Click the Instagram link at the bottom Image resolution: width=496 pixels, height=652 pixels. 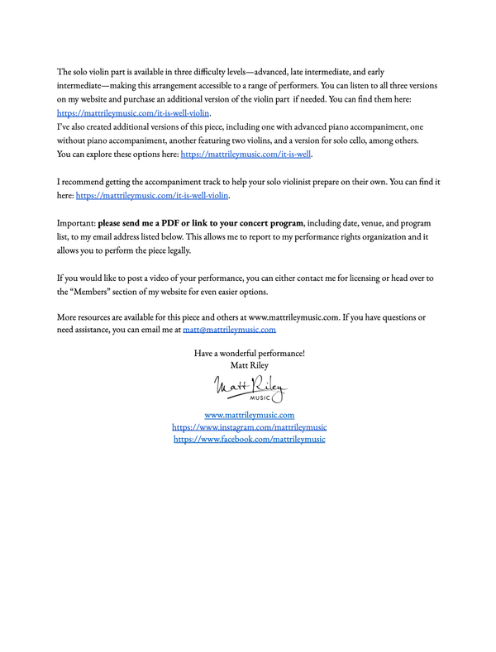click(x=249, y=427)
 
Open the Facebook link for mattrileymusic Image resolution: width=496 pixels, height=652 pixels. click(x=249, y=440)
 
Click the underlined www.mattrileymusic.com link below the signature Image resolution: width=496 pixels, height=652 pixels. click(x=249, y=415)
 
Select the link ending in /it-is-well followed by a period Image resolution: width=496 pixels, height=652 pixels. click(x=246, y=154)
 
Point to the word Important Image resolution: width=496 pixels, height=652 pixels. click(x=75, y=223)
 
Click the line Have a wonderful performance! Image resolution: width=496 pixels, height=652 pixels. click(x=249, y=353)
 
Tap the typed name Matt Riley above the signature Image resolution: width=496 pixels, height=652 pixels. click(x=249, y=364)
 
